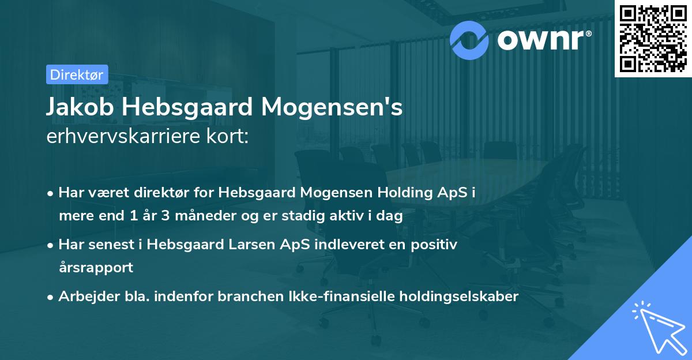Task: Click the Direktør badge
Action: coord(77,74)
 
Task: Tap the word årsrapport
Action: coord(96,267)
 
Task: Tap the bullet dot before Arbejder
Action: coord(51,297)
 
